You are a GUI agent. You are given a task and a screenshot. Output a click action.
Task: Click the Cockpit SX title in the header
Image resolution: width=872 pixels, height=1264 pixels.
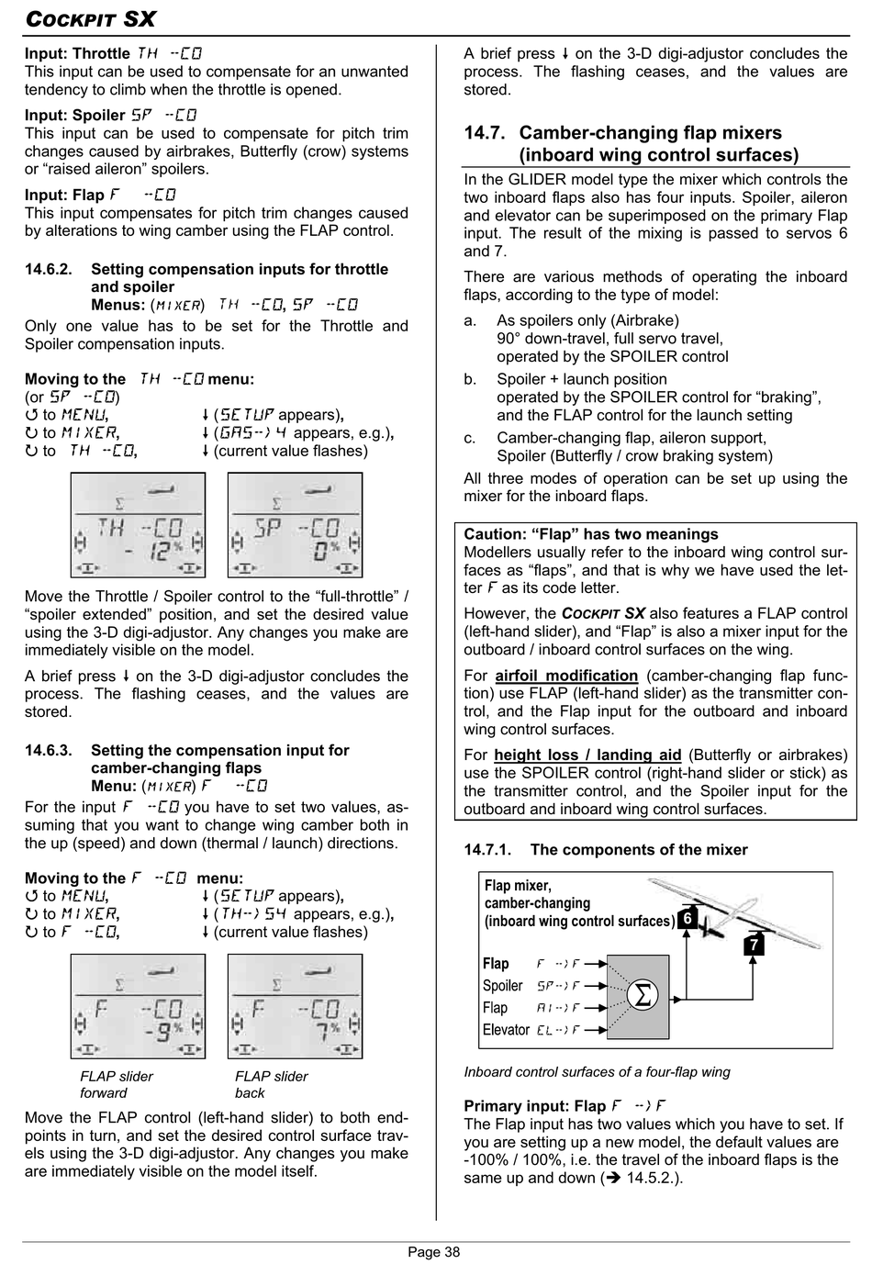pos(90,18)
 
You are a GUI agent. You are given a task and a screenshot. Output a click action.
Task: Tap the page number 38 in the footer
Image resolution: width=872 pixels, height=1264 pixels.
pos(434,1251)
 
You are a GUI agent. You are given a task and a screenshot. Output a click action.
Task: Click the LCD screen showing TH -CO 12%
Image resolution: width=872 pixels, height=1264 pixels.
pos(138,525)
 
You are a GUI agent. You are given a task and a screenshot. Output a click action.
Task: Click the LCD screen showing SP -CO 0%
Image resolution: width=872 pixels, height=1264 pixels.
pos(295,525)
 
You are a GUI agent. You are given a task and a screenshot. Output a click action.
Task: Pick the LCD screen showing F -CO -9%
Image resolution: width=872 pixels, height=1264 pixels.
pos(138,1006)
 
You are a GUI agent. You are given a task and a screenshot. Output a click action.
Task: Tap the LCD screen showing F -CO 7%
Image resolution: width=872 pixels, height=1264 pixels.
pos(295,1006)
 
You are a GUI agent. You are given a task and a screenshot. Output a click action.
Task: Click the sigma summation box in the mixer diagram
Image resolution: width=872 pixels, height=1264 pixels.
pos(643,996)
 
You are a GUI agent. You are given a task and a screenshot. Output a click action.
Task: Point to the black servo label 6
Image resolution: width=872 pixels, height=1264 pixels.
pos(688,918)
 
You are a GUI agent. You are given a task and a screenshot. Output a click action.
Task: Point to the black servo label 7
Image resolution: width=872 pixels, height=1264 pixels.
pos(753,944)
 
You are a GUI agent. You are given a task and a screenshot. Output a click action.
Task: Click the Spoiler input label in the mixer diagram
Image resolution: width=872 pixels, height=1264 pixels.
pos(502,986)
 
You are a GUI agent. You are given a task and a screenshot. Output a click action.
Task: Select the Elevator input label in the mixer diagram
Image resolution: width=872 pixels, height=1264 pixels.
pos(506,1030)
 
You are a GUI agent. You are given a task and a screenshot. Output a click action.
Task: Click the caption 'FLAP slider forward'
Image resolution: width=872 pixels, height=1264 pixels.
pos(117,1084)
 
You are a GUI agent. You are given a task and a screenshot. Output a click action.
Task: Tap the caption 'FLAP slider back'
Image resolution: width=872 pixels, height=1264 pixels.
pos(271,1084)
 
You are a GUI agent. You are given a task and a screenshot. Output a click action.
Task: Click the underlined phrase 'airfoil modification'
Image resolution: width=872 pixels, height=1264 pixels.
pos(566,676)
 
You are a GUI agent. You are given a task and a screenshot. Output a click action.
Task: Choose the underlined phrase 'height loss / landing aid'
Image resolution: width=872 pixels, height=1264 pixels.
pos(587,755)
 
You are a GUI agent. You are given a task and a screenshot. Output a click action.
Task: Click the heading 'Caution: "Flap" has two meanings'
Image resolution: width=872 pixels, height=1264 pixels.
pos(591,534)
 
